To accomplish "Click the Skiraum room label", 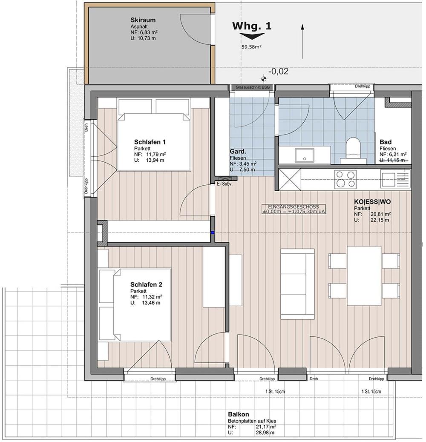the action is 143,20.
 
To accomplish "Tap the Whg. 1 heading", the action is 252,26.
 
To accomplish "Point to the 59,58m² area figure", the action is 251,47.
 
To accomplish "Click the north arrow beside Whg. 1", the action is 302,41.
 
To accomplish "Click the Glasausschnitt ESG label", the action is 253,87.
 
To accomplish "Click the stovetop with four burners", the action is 345,179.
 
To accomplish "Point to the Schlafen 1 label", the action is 150,142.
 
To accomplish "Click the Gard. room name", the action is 238,152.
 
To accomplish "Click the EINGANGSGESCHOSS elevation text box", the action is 294,209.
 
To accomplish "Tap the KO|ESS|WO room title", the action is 372,202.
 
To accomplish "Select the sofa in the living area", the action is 297,284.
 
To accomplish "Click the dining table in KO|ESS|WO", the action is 364,276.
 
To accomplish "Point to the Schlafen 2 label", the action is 146,284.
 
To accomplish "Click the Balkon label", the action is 239,414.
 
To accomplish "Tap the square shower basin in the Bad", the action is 305,155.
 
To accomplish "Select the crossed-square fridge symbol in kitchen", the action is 290,179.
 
